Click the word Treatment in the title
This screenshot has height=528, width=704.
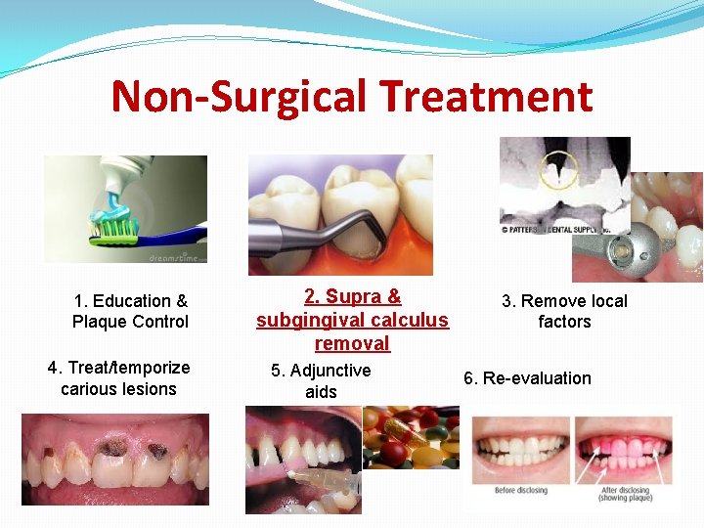[x=486, y=97]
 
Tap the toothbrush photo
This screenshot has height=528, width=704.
[x=126, y=209]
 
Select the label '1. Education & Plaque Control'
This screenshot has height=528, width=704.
[x=130, y=311]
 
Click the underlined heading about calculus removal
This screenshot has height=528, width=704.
[x=352, y=320]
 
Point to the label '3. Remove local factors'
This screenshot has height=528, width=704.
[x=564, y=311]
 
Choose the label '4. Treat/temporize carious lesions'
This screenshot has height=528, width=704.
[x=118, y=377]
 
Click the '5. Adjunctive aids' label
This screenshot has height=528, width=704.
[x=321, y=381]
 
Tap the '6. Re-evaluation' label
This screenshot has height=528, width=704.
[x=527, y=378]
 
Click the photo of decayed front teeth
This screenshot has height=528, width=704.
[x=115, y=459]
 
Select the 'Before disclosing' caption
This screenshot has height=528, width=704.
[x=520, y=490]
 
